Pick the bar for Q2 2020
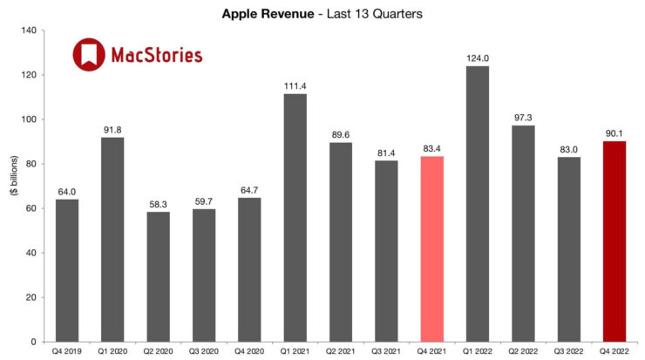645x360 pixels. [x=160, y=276]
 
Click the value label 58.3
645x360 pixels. [x=160, y=203]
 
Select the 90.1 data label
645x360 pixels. [x=614, y=132]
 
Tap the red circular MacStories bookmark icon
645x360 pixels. [x=88, y=55]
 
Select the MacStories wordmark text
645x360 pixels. [x=157, y=56]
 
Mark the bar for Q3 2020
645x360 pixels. [x=205, y=275]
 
